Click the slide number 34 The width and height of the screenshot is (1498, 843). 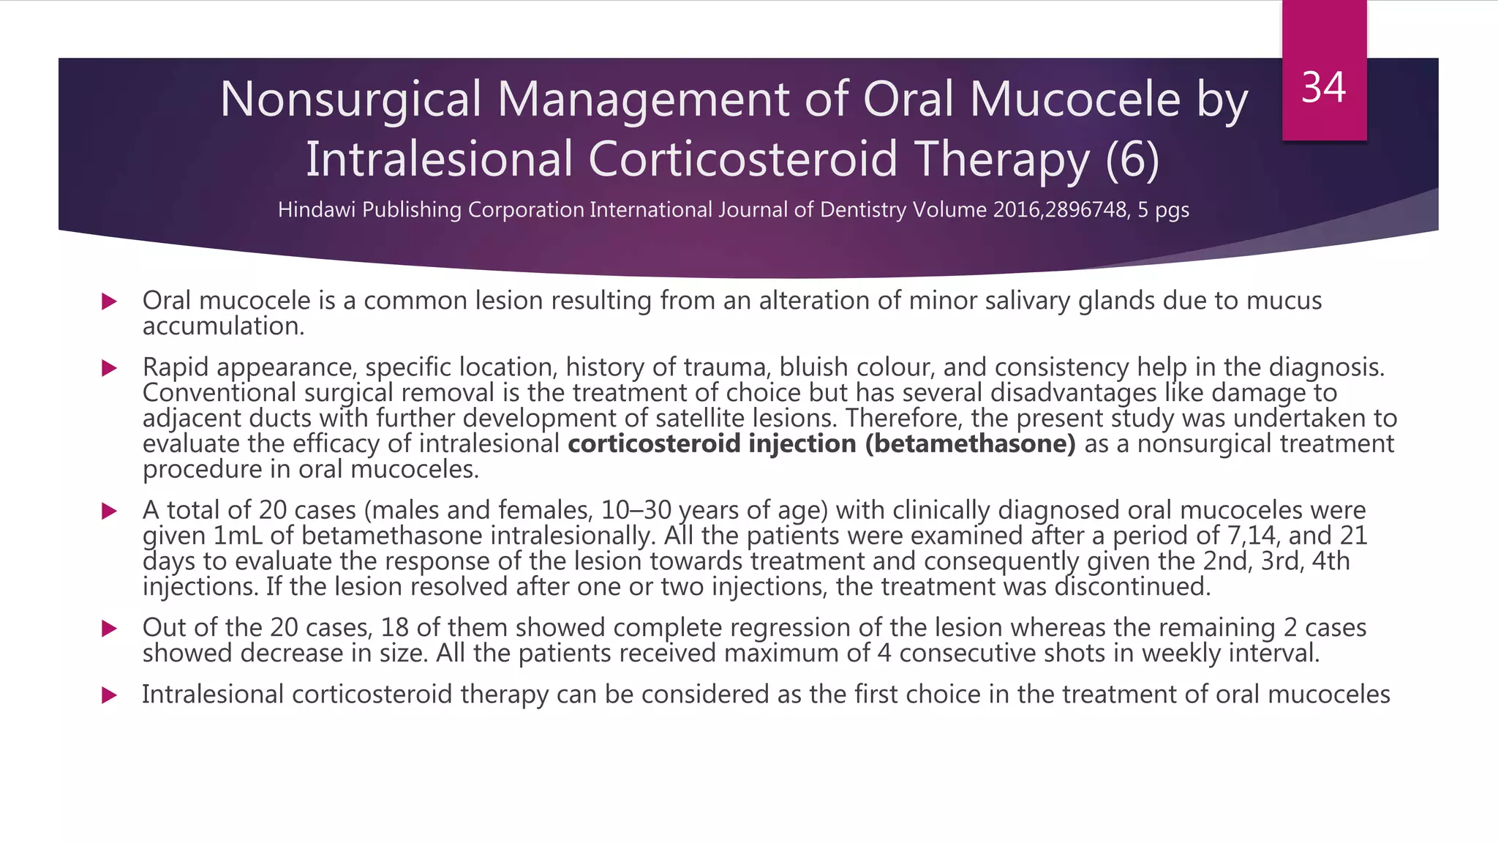click(1324, 88)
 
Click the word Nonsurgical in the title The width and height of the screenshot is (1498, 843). click(351, 100)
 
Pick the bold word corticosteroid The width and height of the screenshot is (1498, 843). click(654, 444)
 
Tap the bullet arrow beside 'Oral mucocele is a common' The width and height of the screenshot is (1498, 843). click(110, 301)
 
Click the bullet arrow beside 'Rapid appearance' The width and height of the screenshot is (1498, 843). click(110, 368)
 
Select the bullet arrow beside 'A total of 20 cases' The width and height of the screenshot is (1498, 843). click(110, 511)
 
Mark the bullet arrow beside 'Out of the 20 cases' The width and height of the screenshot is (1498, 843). click(110, 629)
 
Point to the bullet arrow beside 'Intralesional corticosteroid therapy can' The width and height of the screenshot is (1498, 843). click(110, 695)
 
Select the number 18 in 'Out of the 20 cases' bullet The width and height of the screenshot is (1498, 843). click(395, 629)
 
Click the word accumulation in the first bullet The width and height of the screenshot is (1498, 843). click(222, 326)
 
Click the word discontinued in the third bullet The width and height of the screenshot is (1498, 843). click(1132, 587)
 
